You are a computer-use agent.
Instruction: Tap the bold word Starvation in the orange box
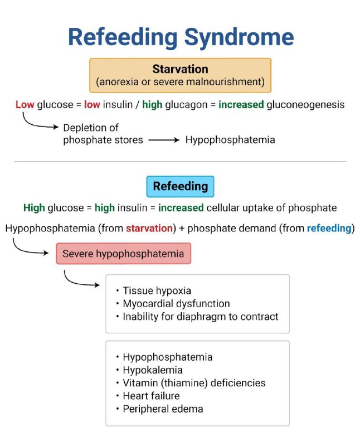tap(181, 69)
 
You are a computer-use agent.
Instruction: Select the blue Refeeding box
tap(181, 187)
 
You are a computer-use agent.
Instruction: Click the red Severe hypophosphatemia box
tap(123, 254)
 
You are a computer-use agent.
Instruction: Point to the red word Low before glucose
tap(25, 105)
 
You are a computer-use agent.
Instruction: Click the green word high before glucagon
tap(152, 105)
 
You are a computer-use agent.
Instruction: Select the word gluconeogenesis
tap(305, 105)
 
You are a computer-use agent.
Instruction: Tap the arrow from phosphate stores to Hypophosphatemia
tap(164, 140)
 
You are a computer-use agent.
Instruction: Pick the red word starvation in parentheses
tap(149, 229)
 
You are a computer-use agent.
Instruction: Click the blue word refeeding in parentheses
tap(329, 229)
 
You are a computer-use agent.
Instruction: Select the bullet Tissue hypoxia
tap(154, 290)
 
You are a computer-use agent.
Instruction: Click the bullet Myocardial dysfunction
tap(173, 304)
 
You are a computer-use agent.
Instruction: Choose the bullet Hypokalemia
tap(149, 370)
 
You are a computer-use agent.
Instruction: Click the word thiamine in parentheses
tap(184, 383)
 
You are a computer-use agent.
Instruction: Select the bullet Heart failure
tap(148, 396)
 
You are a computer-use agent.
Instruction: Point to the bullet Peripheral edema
tap(159, 409)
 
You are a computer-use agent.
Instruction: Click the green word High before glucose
tap(34, 208)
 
